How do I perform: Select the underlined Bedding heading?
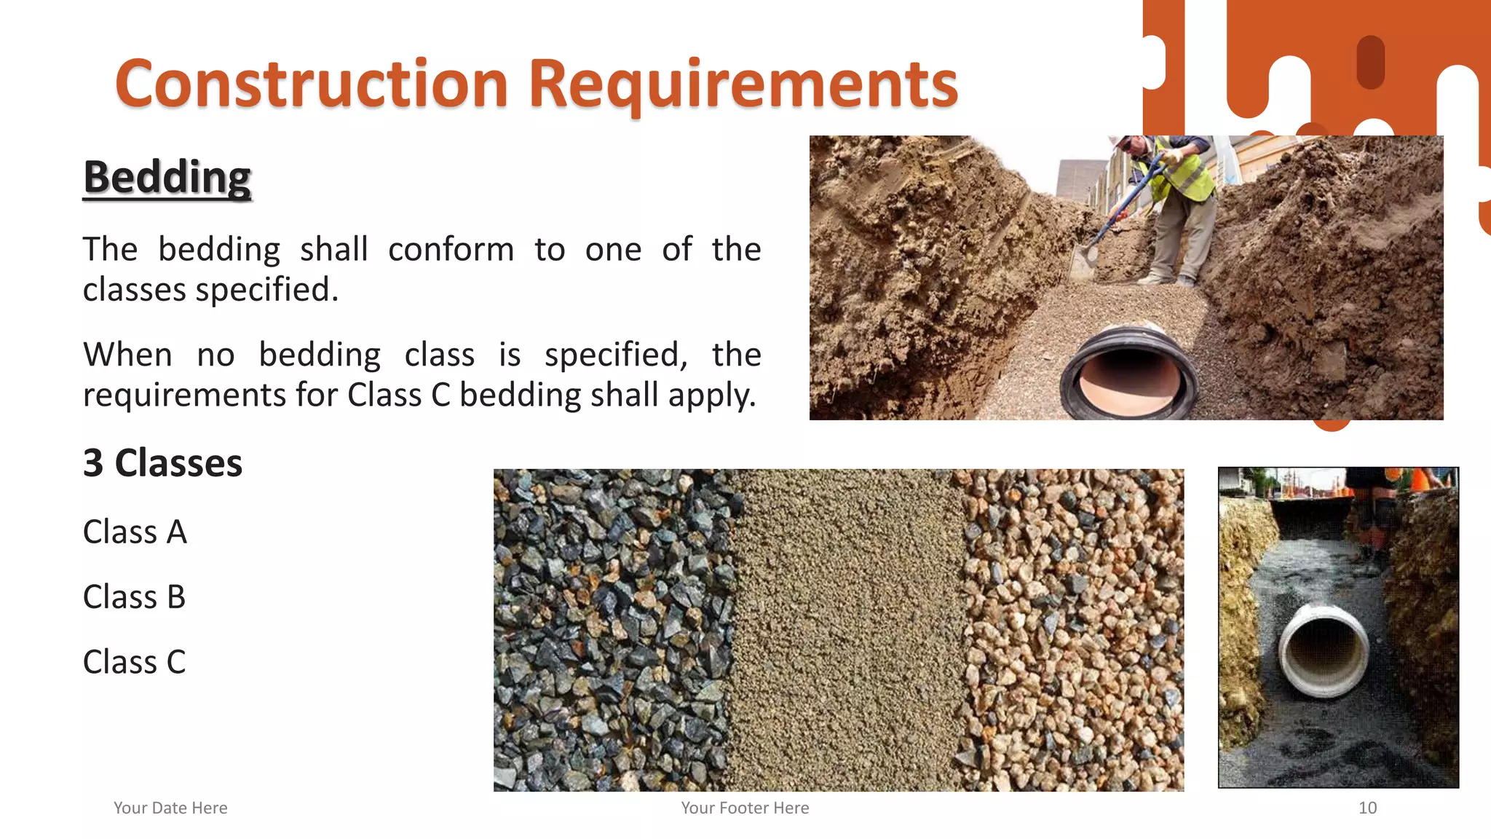click(x=167, y=177)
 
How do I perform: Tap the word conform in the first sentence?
click(x=451, y=250)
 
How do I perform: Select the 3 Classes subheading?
click(x=162, y=463)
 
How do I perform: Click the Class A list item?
click(x=135, y=532)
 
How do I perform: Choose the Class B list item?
click(x=135, y=597)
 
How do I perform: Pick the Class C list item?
click(x=135, y=662)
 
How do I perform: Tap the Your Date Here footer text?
click(x=170, y=808)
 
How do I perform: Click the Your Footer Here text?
click(x=745, y=808)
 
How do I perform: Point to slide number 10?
click(x=1367, y=808)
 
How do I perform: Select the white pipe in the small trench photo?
click(x=1324, y=648)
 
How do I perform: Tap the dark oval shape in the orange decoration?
click(x=1370, y=62)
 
